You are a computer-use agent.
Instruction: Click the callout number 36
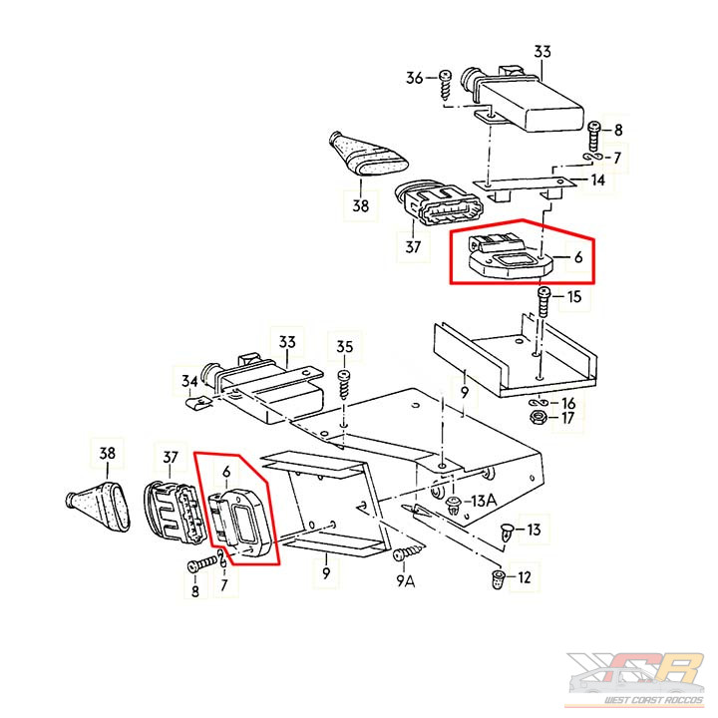coord(415,78)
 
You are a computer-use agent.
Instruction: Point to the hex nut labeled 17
coord(537,418)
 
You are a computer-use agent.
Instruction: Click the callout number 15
coord(574,297)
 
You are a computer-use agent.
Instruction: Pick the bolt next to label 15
coord(544,302)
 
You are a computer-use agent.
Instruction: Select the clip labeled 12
coord(498,579)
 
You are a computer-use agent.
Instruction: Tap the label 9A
coord(405,581)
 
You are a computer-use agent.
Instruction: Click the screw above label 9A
coord(409,552)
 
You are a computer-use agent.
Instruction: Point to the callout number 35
coord(344,347)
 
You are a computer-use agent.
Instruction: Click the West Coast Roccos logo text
coord(653,700)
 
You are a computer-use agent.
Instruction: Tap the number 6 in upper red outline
coord(578,257)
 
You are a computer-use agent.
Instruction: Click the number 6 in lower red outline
coord(226,472)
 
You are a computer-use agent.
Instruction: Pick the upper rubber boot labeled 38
coord(369,154)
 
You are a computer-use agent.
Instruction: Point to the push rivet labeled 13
coord(507,533)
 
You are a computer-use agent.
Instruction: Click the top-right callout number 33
coord(542,51)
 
